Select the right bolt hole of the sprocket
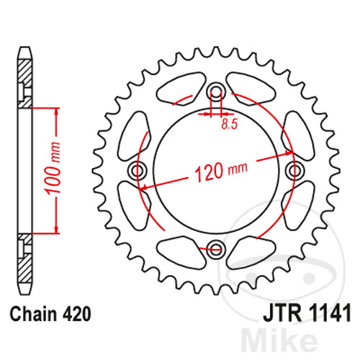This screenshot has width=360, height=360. click(294, 171)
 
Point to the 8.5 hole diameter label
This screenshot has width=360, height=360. click(230, 124)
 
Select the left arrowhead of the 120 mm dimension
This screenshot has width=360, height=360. click(143, 186)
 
